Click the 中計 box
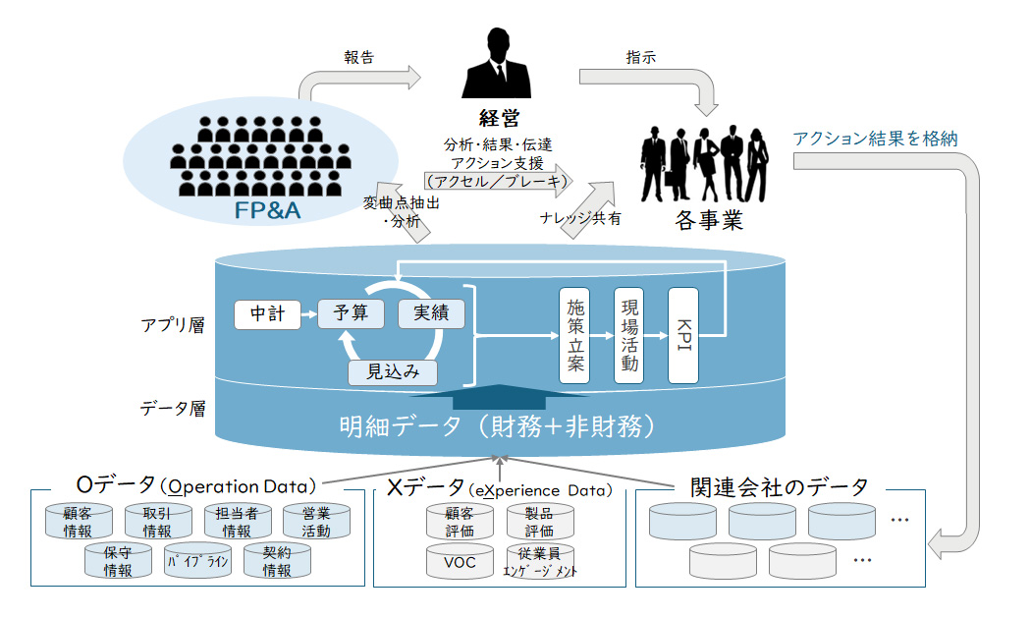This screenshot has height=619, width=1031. pos(266,314)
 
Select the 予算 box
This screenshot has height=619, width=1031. pos(350,313)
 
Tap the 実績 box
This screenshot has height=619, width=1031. pos(430,313)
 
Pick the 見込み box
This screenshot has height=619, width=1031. pos(393,371)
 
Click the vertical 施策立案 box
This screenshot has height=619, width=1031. pos(574,335)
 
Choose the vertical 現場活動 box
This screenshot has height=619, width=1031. pos(629,335)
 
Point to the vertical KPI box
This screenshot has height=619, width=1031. pos(683,335)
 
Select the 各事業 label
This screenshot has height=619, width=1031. pos(708,220)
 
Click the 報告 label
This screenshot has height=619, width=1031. pos(359,57)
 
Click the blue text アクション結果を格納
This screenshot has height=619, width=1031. pos(876,138)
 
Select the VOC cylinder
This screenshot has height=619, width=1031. pos(461,561)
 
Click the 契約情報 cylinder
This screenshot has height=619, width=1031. pos(277,561)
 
